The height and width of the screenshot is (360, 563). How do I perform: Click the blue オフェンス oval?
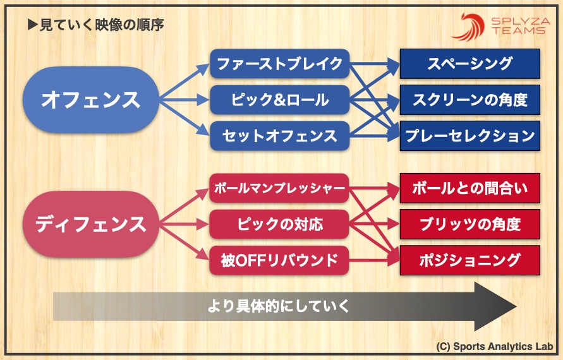[90, 99]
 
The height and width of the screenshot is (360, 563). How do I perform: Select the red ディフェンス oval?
[90, 224]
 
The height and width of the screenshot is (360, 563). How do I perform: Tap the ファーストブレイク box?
[279, 63]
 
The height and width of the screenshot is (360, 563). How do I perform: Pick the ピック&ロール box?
[279, 99]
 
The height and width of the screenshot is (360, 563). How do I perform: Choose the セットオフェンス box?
[279, 135]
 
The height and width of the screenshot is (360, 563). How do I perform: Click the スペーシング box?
[469, 63]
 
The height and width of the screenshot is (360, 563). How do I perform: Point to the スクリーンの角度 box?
[469, 99]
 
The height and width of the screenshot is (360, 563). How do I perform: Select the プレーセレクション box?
[469, 135]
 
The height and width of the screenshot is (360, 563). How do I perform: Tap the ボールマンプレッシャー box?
[279, 188]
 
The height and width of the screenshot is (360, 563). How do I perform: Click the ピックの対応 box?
[279, 224]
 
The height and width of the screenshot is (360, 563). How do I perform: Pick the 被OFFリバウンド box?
[279, 260]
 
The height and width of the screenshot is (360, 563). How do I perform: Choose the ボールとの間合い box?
[469, 188]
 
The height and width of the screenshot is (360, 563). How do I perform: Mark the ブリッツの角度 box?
[469, 224]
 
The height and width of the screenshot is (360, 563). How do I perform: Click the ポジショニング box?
[469, 260]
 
